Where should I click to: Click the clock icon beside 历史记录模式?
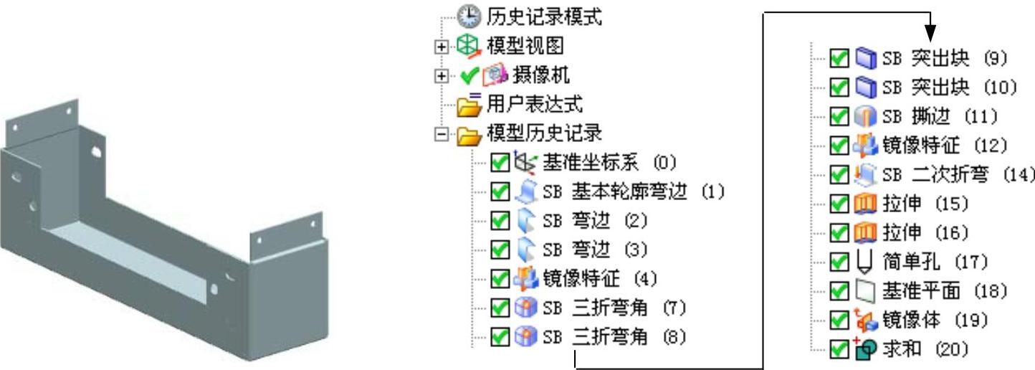coord(469,16)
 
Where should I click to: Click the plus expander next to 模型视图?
coord(442,47)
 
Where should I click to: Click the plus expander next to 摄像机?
coord(442,75)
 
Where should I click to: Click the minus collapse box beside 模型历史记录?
coord(442,134)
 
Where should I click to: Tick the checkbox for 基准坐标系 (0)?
coord(500,163)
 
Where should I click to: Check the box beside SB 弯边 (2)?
coord(500,221)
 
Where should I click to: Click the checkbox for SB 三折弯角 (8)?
coord(500,336)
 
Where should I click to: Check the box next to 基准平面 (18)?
coord(839,291)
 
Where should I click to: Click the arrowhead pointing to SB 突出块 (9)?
coord(930,32)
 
